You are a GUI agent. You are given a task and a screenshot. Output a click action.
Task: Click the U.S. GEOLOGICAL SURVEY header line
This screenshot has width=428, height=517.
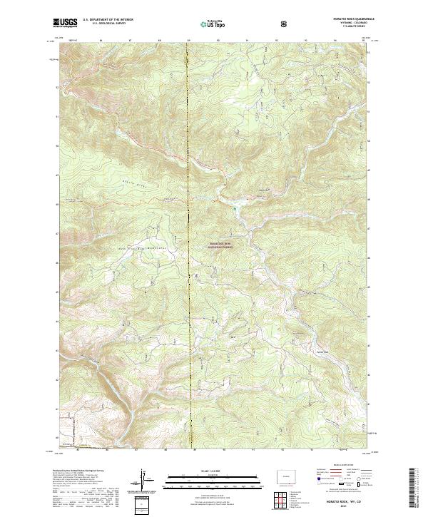104,24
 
